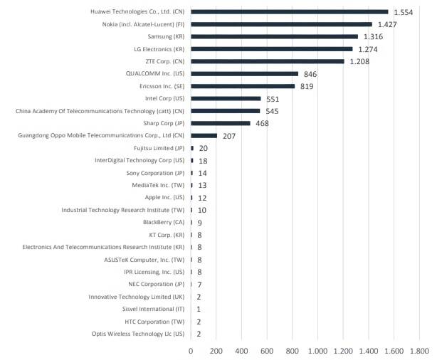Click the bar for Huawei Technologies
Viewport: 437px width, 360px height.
(289, 12)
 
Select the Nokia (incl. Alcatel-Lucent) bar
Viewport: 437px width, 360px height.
(281, 24)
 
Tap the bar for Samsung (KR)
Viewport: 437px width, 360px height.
(274, 36)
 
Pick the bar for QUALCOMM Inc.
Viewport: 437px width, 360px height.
(244, 73)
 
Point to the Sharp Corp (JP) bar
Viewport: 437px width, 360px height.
(221, 123)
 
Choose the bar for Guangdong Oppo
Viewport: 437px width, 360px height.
(204, 135)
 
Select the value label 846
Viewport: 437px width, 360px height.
(310, 74)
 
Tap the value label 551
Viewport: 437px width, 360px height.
(273, 99)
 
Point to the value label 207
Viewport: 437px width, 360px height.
(228, 136)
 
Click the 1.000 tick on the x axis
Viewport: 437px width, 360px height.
(317, 350)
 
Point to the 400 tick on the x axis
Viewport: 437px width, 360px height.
(241, 350)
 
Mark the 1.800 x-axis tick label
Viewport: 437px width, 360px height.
(418, 350)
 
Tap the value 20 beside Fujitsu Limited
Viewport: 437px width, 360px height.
(203, 148)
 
